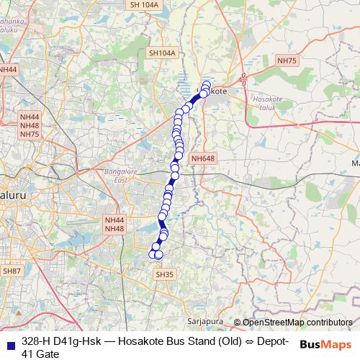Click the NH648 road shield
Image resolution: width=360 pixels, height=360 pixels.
[203, 158]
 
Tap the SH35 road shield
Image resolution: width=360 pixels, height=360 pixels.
[165, 274]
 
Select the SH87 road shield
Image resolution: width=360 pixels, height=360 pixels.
[12, 270]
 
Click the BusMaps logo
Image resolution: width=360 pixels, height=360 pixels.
[328, 346]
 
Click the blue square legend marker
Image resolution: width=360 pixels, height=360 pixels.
[10, 341]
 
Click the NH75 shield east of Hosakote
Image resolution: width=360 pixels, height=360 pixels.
[287, 61]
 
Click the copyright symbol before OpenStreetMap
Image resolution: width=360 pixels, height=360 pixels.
[237, 323]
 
